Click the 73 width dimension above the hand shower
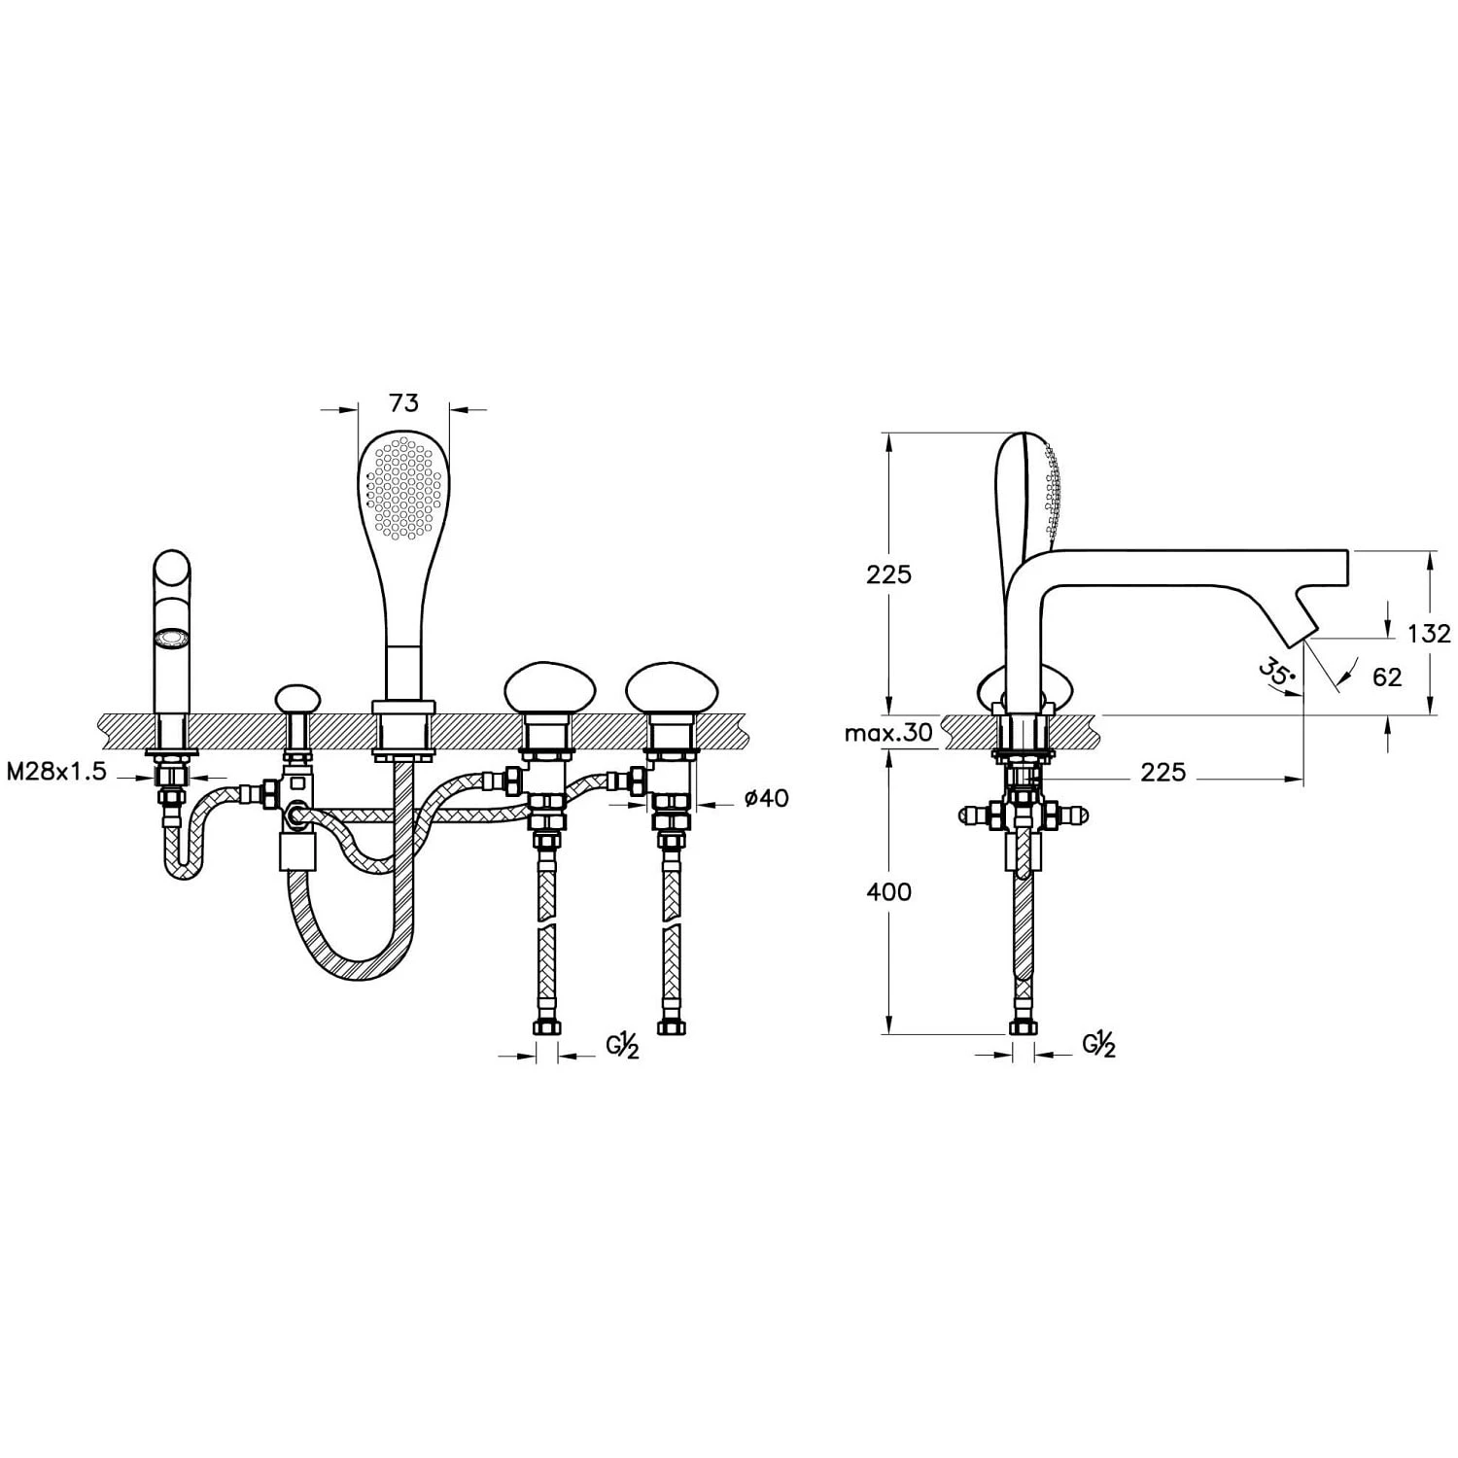click(403, 402)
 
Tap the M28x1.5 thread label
click(55, 772)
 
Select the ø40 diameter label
click(766, 799)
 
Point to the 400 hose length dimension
click(889, 891)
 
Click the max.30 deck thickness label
click(888, 732)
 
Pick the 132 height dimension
click(1429, 634)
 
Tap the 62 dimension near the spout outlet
click(1387, 677)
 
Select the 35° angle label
click(1275, 673)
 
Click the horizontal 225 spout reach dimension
click(1163, 772)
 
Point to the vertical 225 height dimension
click(889, 574)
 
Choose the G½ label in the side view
click(1099, 1045)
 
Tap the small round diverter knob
click(297, 698)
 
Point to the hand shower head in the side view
click(1030, 496)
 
